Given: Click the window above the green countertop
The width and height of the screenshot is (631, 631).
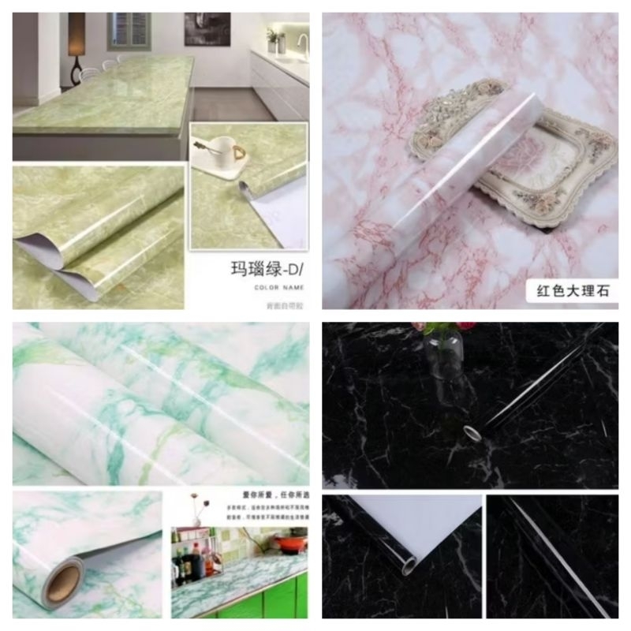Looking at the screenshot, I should tap(129, 30).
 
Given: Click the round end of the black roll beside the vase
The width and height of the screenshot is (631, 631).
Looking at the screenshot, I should tap(471, 432).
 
